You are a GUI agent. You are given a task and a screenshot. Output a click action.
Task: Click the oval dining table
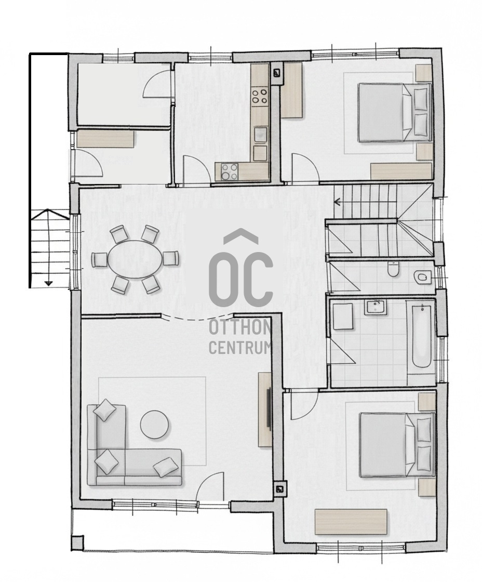click(x=135, y=260)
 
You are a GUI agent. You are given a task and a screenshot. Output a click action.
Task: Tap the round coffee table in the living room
click(x=155, y=425)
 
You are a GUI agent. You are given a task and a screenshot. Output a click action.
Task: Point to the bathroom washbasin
click(x=375, y=308)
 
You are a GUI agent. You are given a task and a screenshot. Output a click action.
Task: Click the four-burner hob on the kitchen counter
click(x=259, y=97)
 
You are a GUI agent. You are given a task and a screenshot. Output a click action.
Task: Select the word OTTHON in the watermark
click(x=239, y=327)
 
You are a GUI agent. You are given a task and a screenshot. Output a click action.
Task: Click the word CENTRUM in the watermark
click(x=239, y=348)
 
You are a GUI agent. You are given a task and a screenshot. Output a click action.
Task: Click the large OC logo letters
click(x=240, y=276)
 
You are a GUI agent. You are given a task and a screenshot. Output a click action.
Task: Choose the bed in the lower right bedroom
click(x=397, y=445)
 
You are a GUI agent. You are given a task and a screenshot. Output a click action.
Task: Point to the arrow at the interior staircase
click(x=338, y=202)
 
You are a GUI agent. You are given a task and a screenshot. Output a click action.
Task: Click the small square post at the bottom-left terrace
click(x=77, y=543)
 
